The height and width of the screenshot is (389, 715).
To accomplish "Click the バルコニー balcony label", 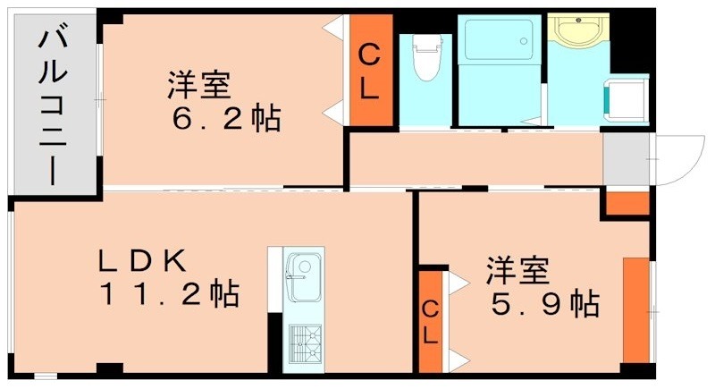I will (50, 106).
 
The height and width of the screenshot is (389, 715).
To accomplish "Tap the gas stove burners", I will (303, 342).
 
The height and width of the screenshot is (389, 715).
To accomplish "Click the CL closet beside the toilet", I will (369, 72).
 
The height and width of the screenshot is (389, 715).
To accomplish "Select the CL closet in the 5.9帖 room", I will (431, 322).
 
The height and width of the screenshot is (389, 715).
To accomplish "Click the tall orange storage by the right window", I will (635, 309).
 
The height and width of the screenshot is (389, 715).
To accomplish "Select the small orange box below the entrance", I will (627, 203).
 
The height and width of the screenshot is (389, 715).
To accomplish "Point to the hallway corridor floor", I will (474, 158).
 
